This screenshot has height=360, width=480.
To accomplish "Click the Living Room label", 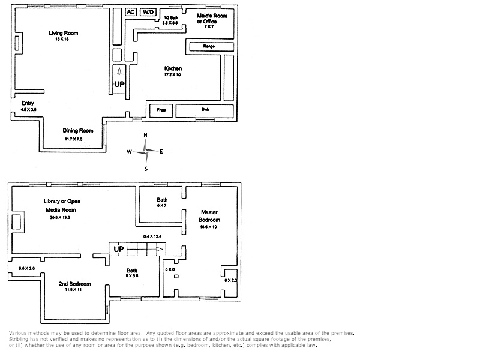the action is pos(64,33).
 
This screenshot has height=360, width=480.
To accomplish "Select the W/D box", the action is pos(148,12).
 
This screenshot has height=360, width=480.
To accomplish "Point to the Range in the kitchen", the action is pos(209,46).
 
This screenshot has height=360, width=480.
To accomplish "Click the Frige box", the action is pos(161,110).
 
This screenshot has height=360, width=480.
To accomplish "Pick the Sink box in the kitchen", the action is pos(205,110).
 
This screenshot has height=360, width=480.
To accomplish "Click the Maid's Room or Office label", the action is pos(212,19).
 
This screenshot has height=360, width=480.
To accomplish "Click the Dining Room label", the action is pos(78,130).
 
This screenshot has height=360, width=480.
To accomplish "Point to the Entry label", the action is pos(28,103).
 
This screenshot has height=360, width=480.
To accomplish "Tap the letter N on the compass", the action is pos(145,135).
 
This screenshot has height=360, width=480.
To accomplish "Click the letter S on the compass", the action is pos(146,169).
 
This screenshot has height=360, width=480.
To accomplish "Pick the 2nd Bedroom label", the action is pos(74,284).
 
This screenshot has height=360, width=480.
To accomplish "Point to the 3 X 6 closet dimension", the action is pos(170,269).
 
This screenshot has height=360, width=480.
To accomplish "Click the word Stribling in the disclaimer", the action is pos(20,340).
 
